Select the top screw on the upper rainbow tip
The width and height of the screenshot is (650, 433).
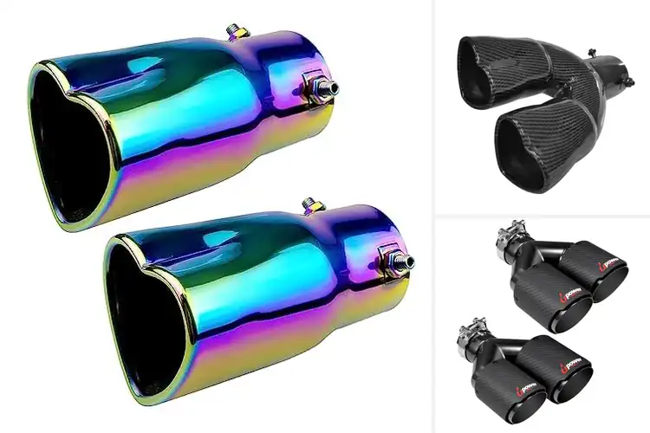point(234,30)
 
